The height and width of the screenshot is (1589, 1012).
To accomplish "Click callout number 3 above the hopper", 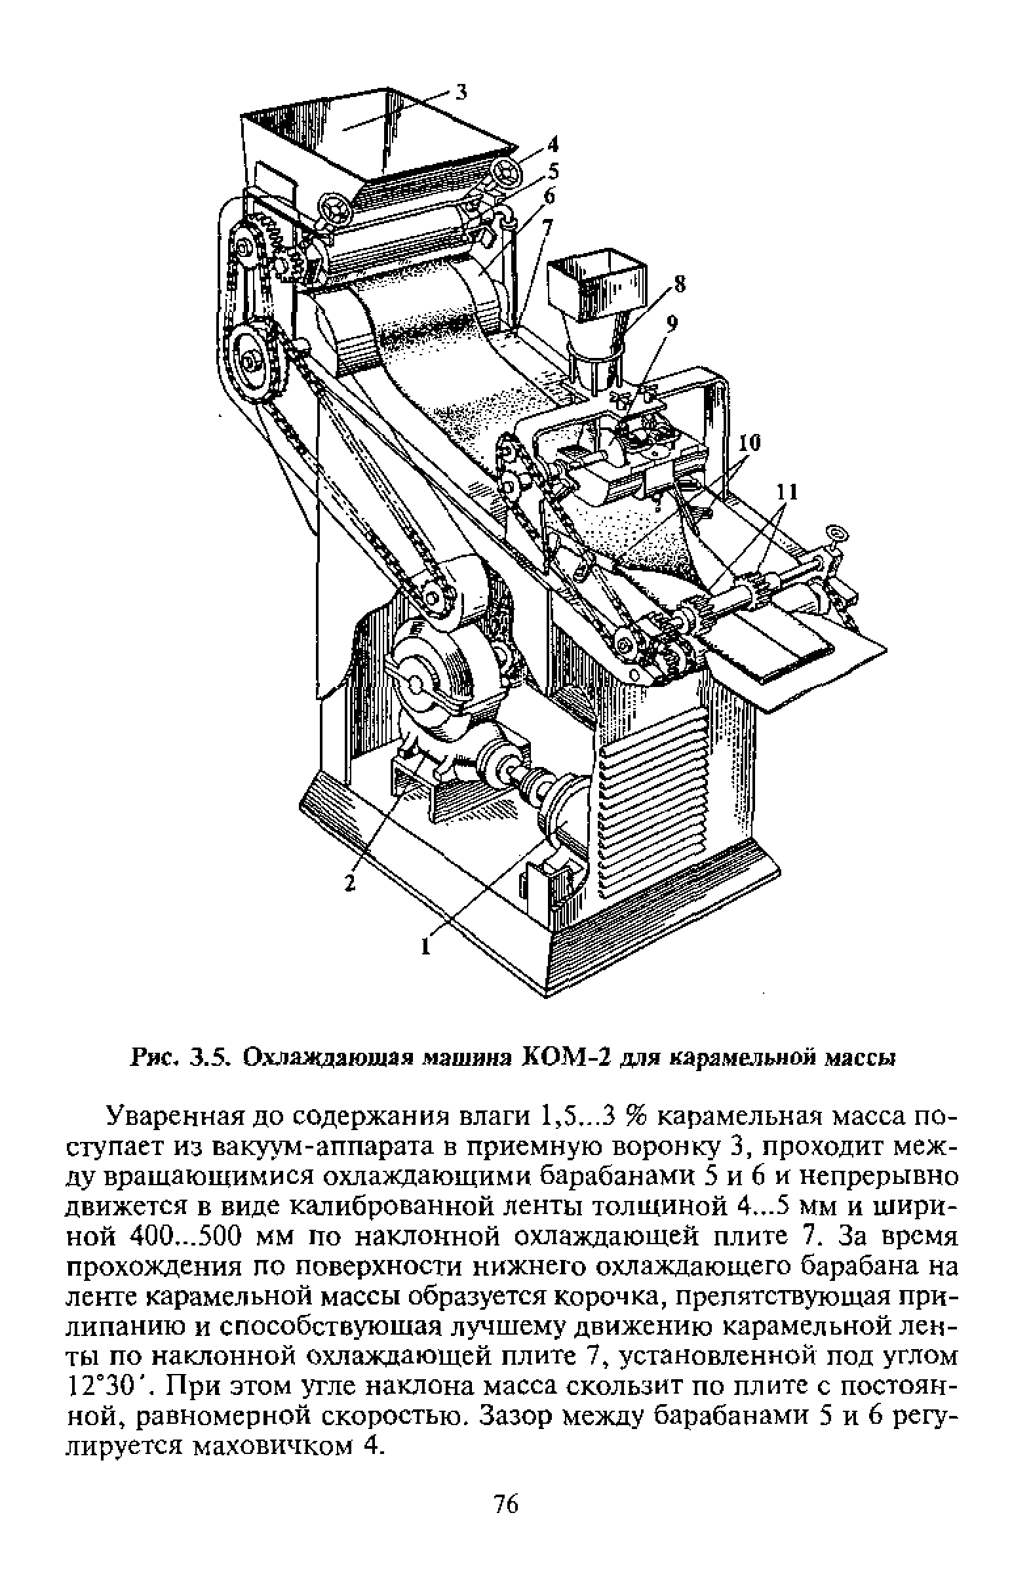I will pos(462,92).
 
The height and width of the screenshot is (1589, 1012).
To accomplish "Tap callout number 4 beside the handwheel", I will pos(551,142).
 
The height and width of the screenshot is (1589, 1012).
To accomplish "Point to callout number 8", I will pos(679,284).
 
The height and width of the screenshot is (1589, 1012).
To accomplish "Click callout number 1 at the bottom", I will pos(425,947).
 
